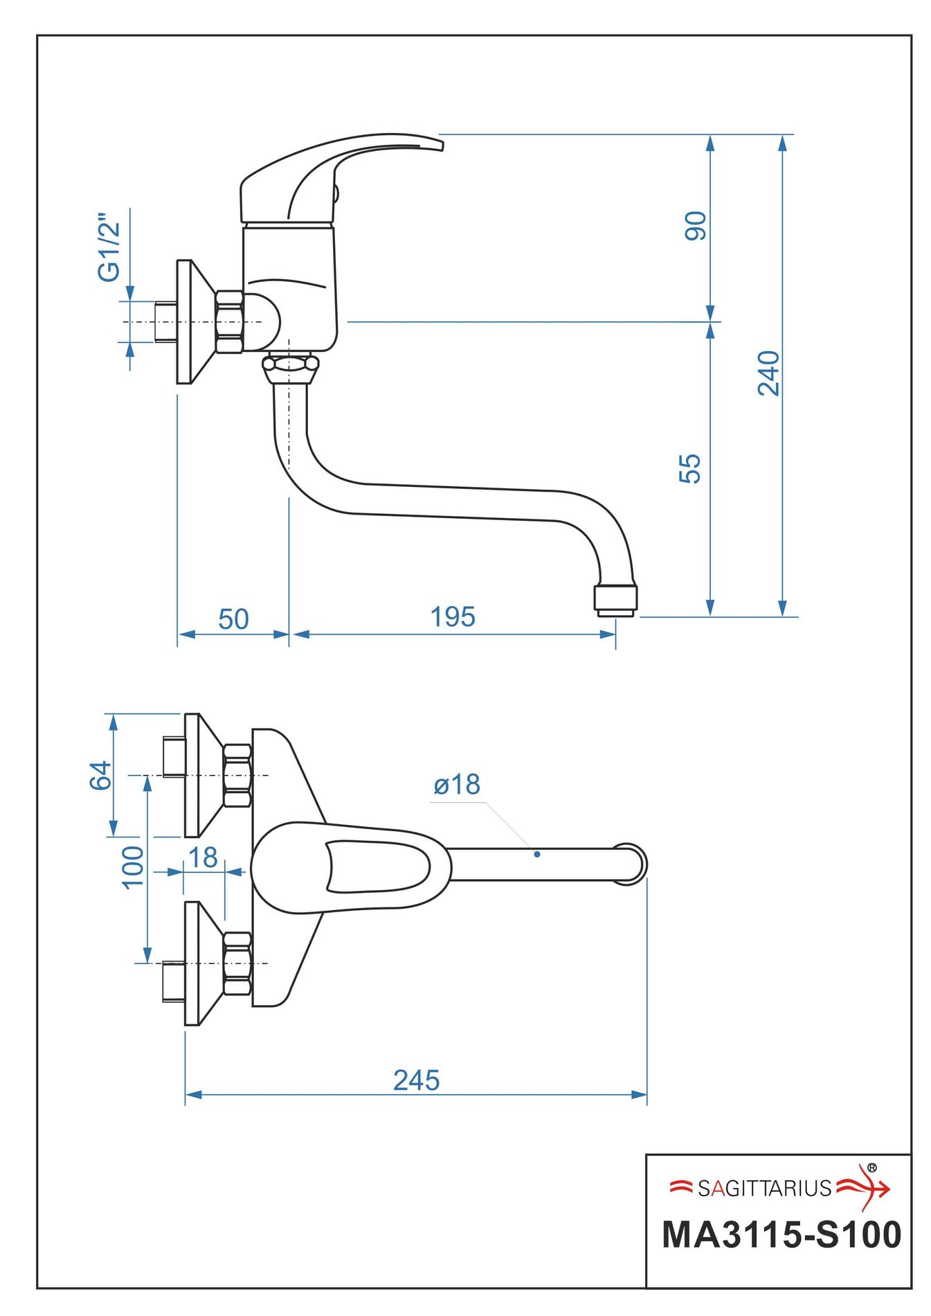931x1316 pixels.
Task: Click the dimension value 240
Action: pyautogui.click(x=768, y=373)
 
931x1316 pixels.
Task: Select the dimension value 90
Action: pyautogui.click(x=695, y=226)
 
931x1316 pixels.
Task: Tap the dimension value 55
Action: pyautogui.click(x=690, y=468)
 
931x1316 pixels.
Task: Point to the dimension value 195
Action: pyautogui.click(x=453, y=616)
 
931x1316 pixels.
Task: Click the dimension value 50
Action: pyautogui.click(x=233, y=619)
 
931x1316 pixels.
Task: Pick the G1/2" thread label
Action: pyautogui.click(x=109, y=247)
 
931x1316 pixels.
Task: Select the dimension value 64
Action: pyautogui.click(x=101, y=775)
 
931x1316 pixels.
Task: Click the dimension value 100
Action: pyautogui.click(x=132, y=866)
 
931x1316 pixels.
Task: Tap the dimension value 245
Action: pyautogui.click(x=416, y=1080)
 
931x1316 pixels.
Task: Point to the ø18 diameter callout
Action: pyautogui.click(x=457, y=785)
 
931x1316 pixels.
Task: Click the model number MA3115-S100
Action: pyautogui.click(x=781, y=1235)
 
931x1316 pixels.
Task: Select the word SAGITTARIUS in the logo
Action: pyautogui.click(x=764, y=1189)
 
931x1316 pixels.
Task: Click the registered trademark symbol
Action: pyautogui.click(x=871, y=1168)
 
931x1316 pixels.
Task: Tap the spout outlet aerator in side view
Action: pyautogui.click(x=615, y=600)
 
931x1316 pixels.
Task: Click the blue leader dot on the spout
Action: pyautogui.click(x=537, y=854)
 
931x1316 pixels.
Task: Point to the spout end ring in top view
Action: pyautogui.click(x=630, y=864)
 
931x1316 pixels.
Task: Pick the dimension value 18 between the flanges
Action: pyautogui.click(x=203, y=857)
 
